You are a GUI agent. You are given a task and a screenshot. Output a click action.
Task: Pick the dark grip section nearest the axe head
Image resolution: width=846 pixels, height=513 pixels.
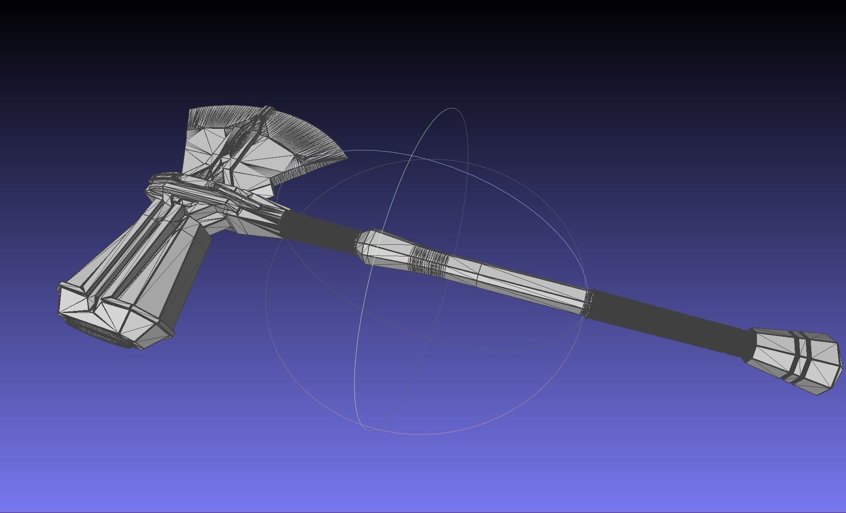pos(322,230)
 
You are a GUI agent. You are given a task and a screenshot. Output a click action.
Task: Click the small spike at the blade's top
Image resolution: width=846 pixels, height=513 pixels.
pos(268,110)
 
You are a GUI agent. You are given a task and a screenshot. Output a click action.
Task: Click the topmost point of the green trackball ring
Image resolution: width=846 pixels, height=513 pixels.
pos(453,108)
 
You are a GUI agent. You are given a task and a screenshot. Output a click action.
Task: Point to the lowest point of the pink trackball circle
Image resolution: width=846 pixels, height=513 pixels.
pos(418,434)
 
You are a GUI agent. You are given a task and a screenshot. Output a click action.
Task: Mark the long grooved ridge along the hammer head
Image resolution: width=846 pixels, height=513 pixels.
pos(134,251)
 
